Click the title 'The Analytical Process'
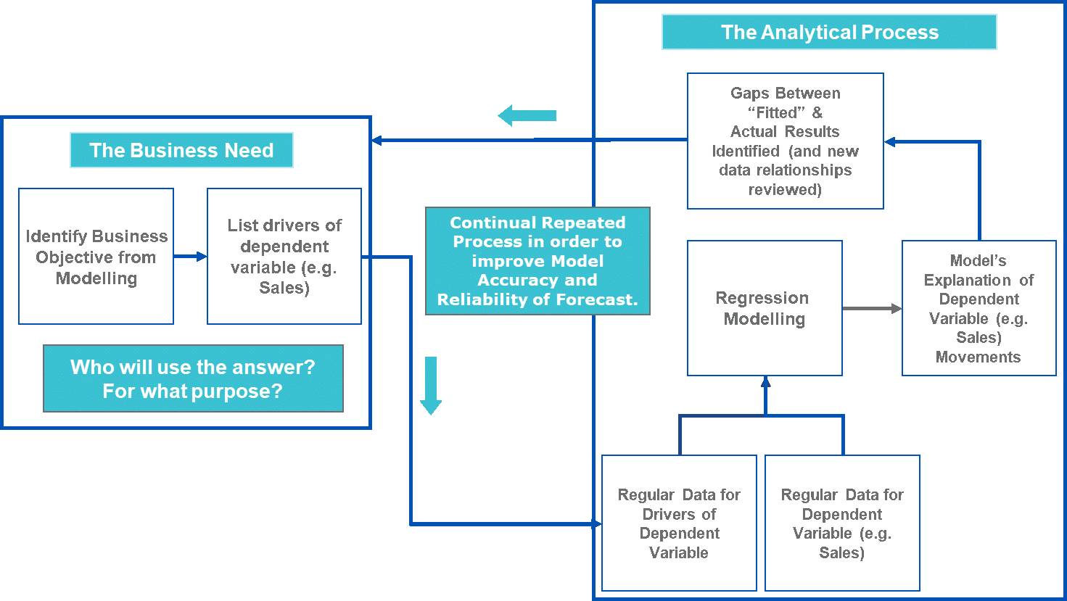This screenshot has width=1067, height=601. point(829,33)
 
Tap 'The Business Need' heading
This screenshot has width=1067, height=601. point(181,150)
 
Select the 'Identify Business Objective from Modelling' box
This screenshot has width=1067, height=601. point(96,257)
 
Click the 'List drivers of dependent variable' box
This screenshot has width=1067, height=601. point(284,257)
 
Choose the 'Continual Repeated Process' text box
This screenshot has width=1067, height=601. point(537,261)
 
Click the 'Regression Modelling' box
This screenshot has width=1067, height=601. point(765,308)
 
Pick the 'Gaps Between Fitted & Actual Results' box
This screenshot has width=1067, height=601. point(785,141)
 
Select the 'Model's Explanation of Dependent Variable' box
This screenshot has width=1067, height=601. point(979,308)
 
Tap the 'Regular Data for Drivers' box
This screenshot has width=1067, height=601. point(679,523)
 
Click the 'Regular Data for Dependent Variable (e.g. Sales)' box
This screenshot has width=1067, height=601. point(842,523)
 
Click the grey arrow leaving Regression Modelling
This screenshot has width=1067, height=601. point(872,309)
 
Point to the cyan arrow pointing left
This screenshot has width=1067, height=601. point(527,115)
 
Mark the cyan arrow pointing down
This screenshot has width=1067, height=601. point(431,385)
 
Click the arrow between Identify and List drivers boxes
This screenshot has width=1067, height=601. point(191,257)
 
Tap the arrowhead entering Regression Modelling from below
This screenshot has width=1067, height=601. point(765,381)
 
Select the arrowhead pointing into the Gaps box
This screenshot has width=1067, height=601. point(890,142)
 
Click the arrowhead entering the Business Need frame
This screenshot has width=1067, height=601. point(376,140)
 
